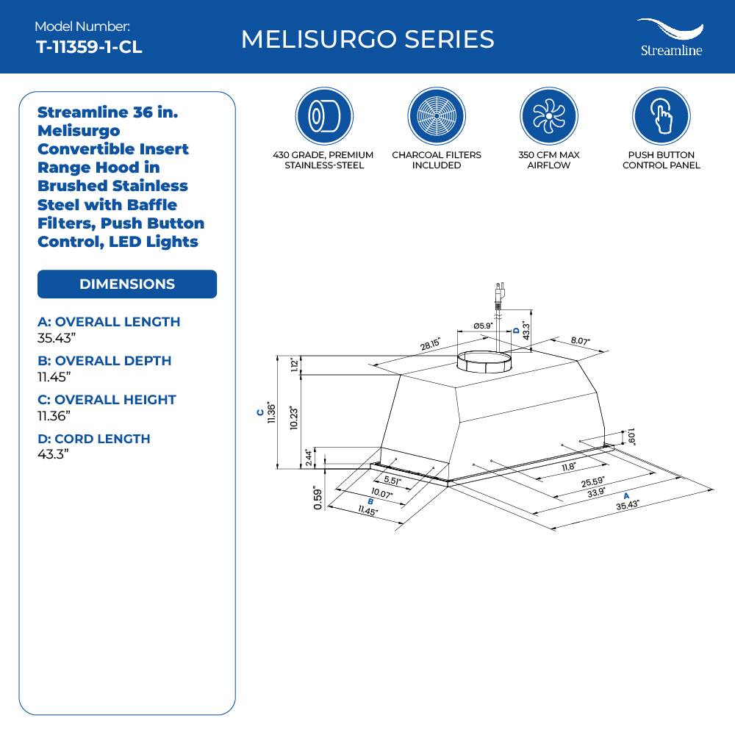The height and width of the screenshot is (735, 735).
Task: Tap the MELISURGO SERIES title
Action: pyautogui.click(x=367, y=39)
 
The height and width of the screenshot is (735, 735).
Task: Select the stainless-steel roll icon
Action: pyautogui.click(x=324, y=116)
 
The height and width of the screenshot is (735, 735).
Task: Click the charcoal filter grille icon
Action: pyautogui.click(x=437, y=116)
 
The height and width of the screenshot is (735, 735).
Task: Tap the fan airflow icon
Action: pyautogui.click(x=549, y=116)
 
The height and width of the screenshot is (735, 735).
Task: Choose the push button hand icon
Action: pyautogui.click(x=661, y=116)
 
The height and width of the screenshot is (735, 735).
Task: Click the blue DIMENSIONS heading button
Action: pyautogui.click(x=127, y=284)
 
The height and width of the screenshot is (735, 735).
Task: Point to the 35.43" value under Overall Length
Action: pyautogui.click(x=57, y=338)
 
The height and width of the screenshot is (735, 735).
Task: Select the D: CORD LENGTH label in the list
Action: pyautogui.click(x=93, y=439)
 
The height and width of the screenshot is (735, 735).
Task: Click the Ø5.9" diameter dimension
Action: pyautogui.click(x=482, y=326)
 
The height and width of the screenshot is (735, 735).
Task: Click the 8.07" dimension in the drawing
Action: pyautogui.click(x=580, y=341)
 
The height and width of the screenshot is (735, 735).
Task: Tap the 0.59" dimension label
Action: pyautogui.click(x=317, y=498)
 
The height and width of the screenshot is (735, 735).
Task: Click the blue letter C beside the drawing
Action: pyautogui.click(x=259, y=413)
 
